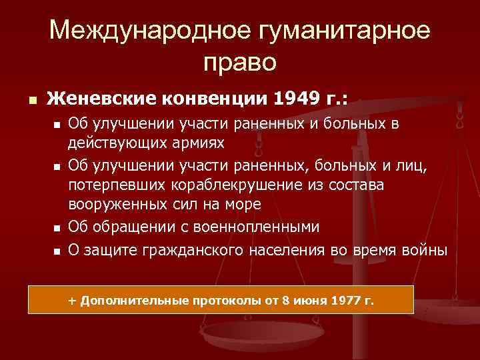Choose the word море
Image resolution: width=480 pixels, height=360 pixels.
coord(243,203)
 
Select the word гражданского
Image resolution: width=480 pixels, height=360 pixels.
coord(191,250)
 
